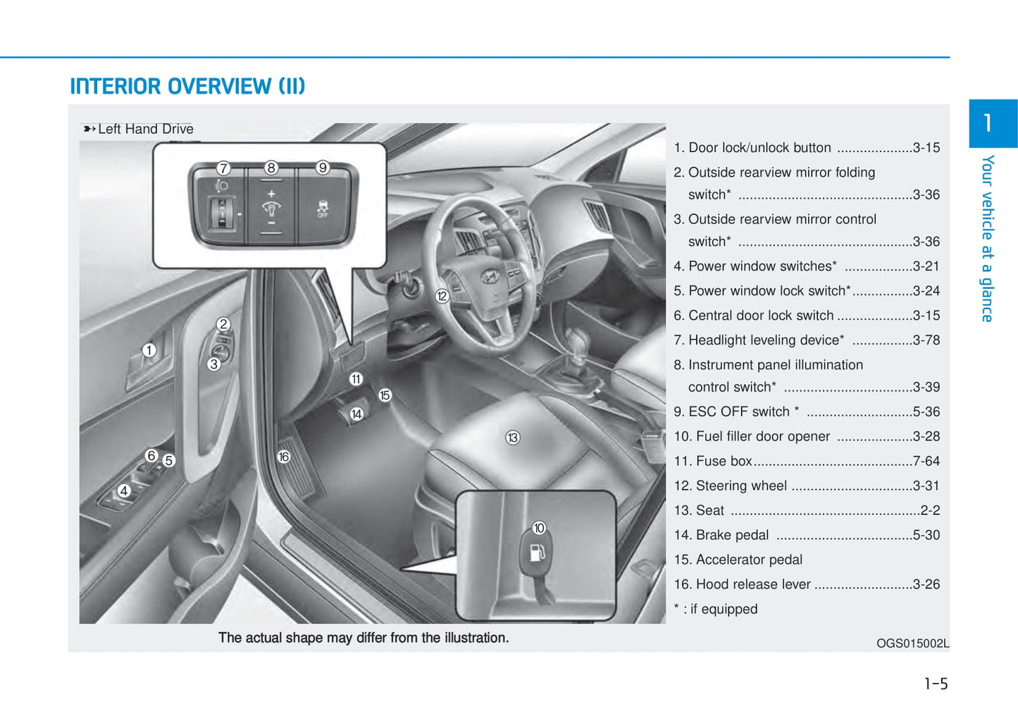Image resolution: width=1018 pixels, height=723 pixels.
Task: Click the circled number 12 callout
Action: click(x=442, y=296)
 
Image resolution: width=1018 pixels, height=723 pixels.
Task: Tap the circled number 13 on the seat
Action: click(x=512, y=438)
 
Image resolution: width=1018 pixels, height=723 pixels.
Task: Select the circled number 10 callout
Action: click(x=539, y=528)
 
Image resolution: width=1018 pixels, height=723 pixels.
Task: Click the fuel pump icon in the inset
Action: click(x=537, y=552)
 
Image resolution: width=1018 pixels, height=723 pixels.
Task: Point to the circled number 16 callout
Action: click(x=283, y=457)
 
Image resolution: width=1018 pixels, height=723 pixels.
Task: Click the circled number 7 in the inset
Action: click(x=223, y=168)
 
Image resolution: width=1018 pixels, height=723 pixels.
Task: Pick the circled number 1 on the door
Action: click(x=149, y=350)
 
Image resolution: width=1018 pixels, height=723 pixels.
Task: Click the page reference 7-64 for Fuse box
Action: click(x=926, y=461)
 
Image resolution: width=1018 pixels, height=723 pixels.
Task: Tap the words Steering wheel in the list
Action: click(x=741, y=486)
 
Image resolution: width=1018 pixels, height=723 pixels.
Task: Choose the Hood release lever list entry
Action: click(x=752, y=584)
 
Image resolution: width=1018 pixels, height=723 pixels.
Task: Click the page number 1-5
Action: click(x=936, y=684)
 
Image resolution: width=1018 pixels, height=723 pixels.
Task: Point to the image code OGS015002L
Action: click(x=912, y=643)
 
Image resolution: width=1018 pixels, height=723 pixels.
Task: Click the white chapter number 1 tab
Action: click(x=988, y=123)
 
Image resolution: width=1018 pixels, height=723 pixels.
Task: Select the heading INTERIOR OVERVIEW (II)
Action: click(x=187, y=86)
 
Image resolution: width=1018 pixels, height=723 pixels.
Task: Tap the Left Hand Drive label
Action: click(x=145, y=129)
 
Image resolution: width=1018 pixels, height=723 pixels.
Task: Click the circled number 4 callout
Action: click(x=124, y=490)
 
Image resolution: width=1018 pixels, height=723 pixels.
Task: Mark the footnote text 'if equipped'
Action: click(x=724, y=609)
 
